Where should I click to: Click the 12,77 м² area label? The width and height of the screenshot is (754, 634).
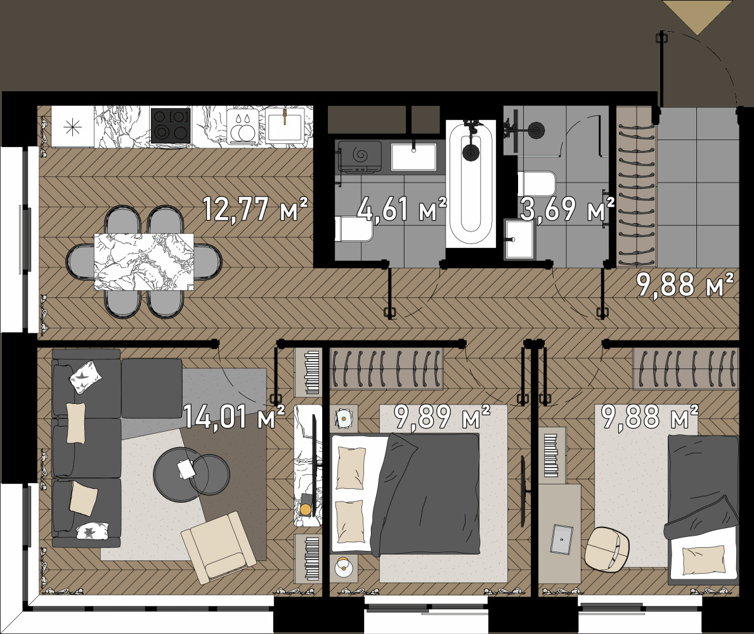(255, 209)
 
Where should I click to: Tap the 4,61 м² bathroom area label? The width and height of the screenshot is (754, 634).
(401, 209)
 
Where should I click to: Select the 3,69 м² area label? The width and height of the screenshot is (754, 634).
(568, 209)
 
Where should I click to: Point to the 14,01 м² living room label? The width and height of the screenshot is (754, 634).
(234, 417)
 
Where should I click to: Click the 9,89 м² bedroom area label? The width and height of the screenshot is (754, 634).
(442, 417)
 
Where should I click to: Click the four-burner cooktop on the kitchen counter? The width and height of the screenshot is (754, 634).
(171, 126)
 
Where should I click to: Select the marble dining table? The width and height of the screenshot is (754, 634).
(144, 262)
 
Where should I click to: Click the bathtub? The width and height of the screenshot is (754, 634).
(471, 184)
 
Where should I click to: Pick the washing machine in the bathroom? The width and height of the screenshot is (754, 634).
(360, 157)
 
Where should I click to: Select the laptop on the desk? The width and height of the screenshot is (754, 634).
(562, 540)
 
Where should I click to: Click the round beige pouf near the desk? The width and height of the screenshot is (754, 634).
(607, 550)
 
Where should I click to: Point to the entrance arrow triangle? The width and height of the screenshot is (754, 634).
(698, 17)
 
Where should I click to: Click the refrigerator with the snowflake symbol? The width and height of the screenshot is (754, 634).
(73, 126)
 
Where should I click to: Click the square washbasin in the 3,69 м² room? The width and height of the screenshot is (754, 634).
(520, 239)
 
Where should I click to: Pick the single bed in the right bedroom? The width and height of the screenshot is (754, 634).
(702, 510)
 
